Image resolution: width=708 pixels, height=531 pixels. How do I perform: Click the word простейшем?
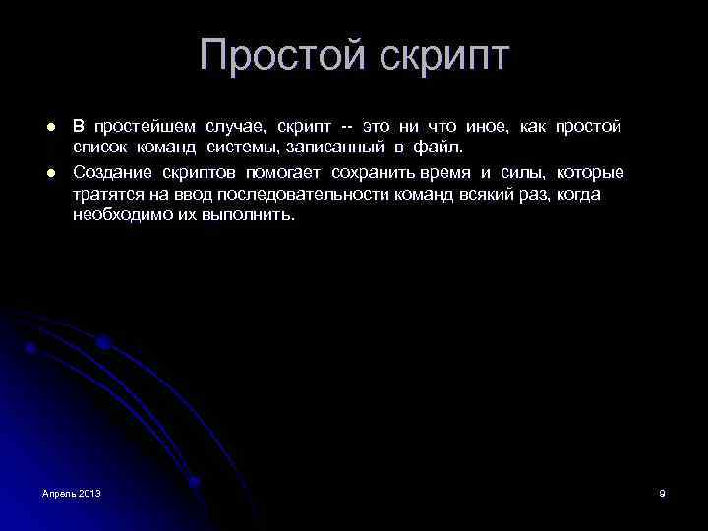[x=145, y=128]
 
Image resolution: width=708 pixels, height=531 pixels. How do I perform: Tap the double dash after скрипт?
[x=347, y=128]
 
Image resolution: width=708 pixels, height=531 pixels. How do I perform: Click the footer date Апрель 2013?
[x=72, y=492]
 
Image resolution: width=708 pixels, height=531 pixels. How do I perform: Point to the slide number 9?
[x=662, y=492]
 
